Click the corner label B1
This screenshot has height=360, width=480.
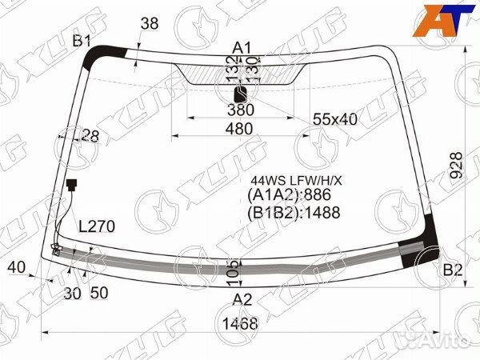click(83, 41)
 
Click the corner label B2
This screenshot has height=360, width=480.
click(453, 270)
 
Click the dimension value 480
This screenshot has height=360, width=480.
click(239, 128)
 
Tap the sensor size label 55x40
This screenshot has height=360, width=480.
click(334, 119)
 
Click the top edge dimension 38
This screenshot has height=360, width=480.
click(150, 24)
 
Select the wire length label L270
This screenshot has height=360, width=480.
click(97, 226)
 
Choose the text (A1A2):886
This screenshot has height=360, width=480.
click(290, 195)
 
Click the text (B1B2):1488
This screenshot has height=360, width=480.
click(294, 212)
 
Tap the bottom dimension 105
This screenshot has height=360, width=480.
click(233, 269)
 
